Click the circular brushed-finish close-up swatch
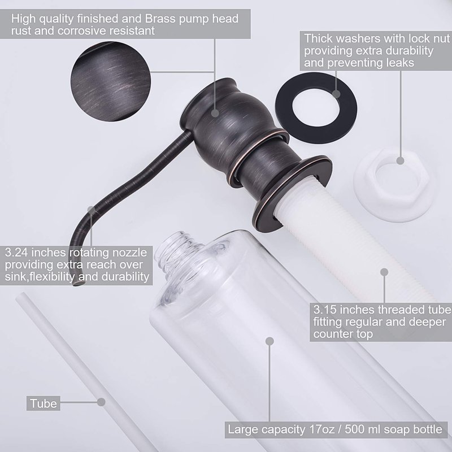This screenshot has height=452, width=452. point(111,81)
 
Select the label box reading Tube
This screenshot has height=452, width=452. point(44,403)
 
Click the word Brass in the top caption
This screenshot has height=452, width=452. point(159,19)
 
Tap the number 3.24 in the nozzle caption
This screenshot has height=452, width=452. point(16,253)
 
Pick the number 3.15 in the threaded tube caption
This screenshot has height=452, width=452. point(325,310)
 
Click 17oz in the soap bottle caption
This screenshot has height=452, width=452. point(321,429)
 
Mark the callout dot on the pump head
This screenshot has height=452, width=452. point(215,113)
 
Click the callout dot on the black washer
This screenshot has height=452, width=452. point(336,94)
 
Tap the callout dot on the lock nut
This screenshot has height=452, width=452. point(400,160)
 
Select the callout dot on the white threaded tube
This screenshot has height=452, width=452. point(384,272)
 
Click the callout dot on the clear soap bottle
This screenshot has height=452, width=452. point(270,341)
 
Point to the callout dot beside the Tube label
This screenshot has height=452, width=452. point(101,402)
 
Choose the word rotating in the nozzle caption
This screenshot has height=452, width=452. point(89,253)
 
